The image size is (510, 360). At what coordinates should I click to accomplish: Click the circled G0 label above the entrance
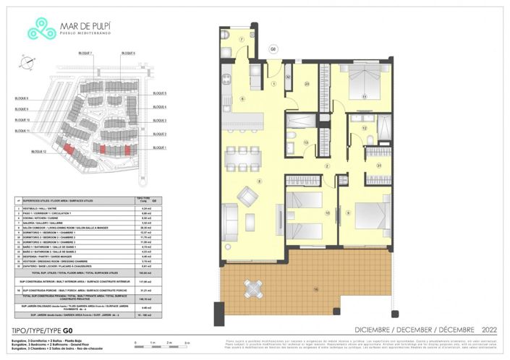tap(273, 50)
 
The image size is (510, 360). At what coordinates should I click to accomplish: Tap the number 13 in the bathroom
tap(306, 143)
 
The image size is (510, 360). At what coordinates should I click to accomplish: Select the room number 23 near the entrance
tap(307, 85)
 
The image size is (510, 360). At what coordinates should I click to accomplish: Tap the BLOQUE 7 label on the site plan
tap(85, 53)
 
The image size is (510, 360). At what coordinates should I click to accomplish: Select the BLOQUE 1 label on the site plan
tap(160, 147)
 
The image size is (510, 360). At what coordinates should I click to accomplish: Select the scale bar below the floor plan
tap(160, 343)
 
